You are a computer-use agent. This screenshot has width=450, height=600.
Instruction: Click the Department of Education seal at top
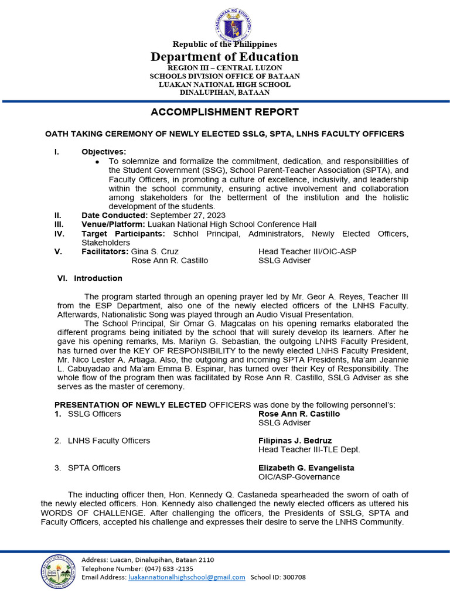click(224, 24)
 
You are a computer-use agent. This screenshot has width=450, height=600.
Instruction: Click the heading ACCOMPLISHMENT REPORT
click(225, 112)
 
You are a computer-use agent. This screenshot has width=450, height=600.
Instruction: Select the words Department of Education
click(224, 57)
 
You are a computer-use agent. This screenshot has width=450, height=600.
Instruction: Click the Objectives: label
click(104, 152)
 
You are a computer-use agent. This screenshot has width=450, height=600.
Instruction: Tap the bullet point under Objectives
click(97, 161)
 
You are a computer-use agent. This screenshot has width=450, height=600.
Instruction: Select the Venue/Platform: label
click(113, 224)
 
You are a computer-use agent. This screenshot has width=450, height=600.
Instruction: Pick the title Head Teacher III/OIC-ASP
click(307, 251)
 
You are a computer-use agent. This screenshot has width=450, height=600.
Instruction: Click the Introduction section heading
click(98, 278)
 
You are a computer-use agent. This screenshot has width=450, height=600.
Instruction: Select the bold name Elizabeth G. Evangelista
click(306, 468)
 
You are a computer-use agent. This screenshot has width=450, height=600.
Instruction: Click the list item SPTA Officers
click(94, 468)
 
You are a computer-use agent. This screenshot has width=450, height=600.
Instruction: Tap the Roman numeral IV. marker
click(59, 233)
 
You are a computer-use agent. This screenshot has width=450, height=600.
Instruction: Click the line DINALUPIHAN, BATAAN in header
click(224, 92)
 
